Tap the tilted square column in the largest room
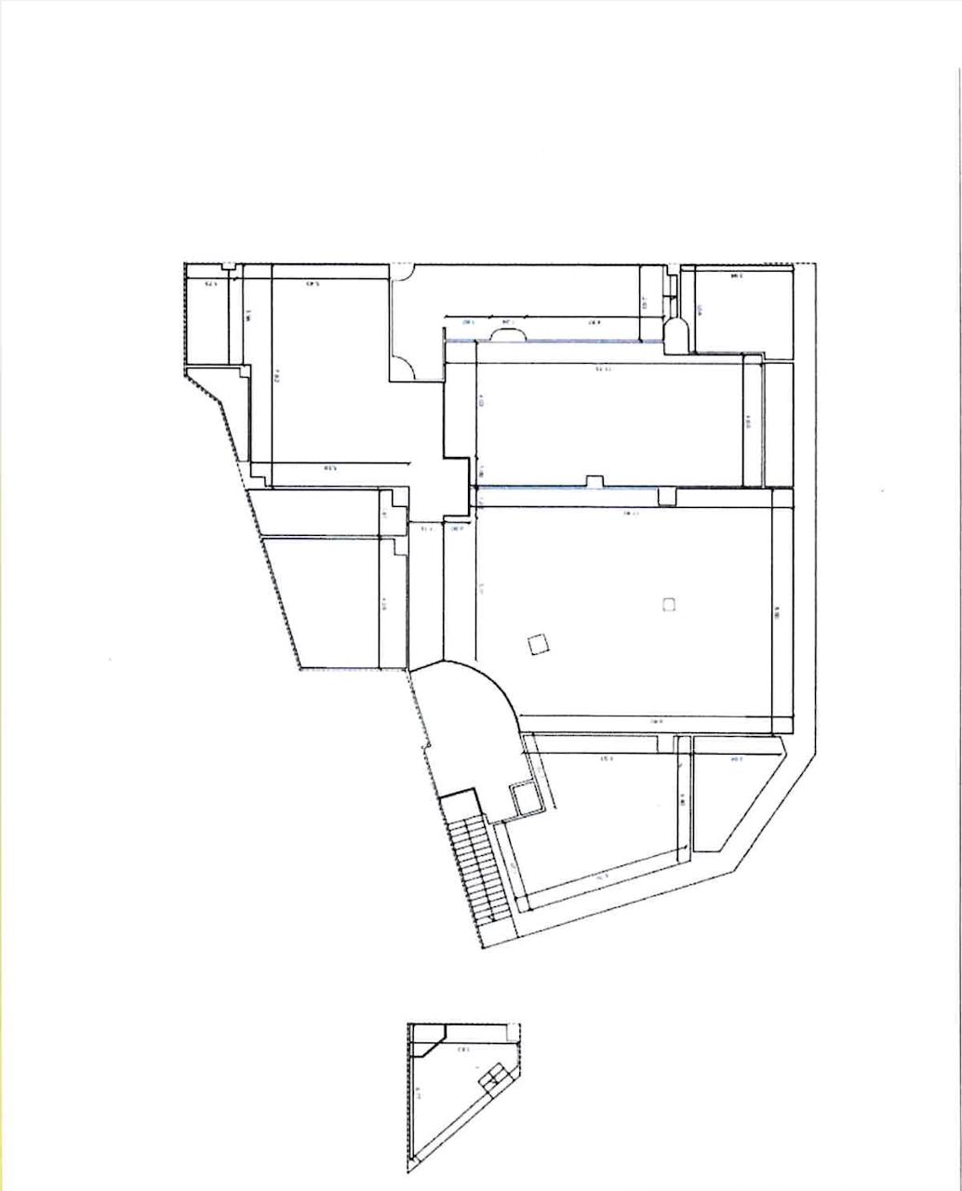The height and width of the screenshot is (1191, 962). [537, 644]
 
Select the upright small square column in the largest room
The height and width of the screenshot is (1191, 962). [668, 604]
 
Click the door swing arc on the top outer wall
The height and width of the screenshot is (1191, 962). [401, 271]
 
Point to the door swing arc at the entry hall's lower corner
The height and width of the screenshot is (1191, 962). [406, 366]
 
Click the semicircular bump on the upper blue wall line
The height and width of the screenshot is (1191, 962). [509, 336]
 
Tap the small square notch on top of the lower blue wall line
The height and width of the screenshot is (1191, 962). [593, 480]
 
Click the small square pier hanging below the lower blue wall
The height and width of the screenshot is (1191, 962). [666, 497]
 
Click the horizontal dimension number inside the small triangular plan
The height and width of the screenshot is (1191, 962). [462, 1050]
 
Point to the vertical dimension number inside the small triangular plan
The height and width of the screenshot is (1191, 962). [418, 1094]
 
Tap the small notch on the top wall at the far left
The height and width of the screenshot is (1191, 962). [228, 267]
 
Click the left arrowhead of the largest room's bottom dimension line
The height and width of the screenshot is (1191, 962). [519, 716]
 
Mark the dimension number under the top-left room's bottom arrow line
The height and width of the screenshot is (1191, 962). [329, 468]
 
